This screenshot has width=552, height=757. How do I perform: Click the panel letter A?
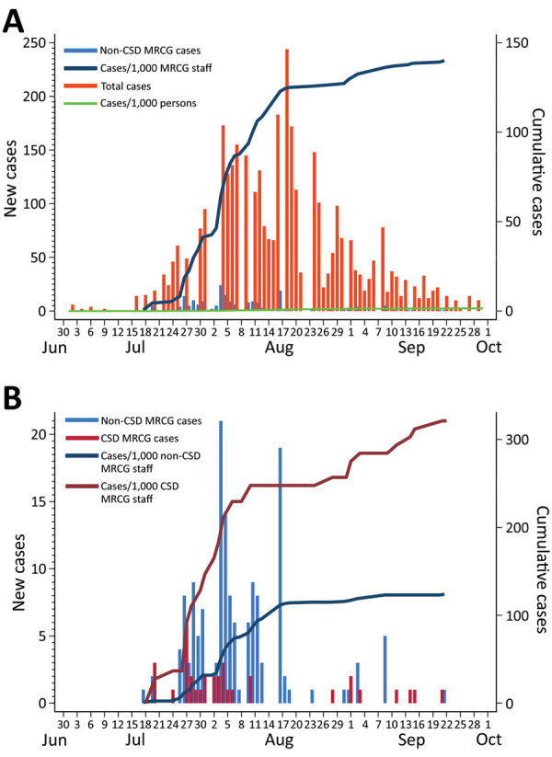pyautogui.click(x=15, y=18)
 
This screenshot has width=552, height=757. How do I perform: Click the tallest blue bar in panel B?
pyautogui.click(x=220, y=561)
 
